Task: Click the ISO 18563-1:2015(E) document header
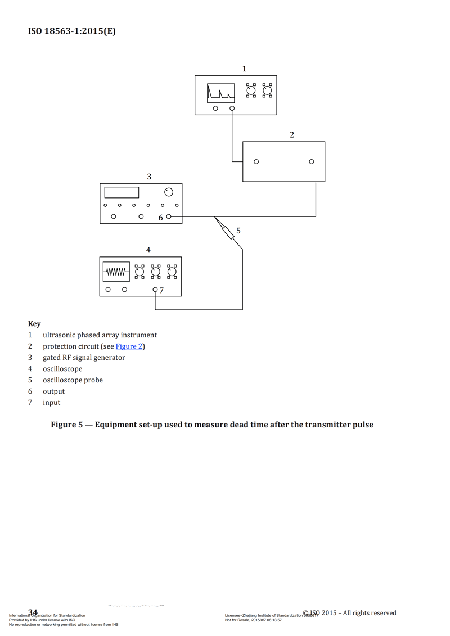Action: click(x=72, y=31)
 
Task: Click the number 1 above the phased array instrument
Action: click(x=244, y=69)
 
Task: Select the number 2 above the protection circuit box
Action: click(x=292, y=135)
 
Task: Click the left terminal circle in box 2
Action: click(x=256, y=162)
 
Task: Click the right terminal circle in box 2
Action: click(x=312, y=162)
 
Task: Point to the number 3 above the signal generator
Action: click(x=149, y=177)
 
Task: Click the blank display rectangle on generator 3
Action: click(x=121, y=192)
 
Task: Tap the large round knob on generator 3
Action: click(x=169, y=192)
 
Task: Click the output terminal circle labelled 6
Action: click(x=169, y=216)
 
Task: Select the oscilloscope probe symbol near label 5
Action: click(x=228, y=232)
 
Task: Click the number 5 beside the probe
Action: click(x=238, y=231)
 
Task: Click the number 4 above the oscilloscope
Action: click(x=148, y=250)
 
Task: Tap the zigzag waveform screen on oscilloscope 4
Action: click(x=116, y=272)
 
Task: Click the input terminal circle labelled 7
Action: click(x=155, y=290)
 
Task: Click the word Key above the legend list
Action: click(x=34, y=324)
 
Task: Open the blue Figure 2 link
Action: click(x=129, y=346)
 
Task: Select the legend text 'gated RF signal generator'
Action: click(x=84, y=358)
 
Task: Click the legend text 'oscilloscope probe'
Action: click(x=73, y=380)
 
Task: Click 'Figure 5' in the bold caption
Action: click(x=68, y=425)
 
